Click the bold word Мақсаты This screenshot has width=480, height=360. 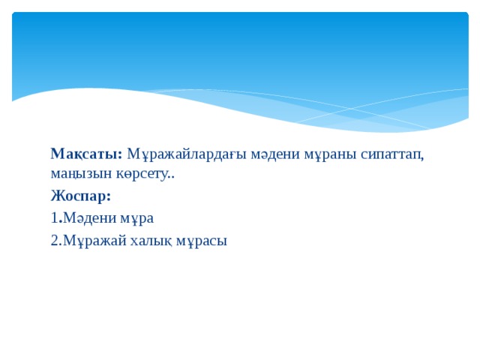click(x=85, y=154)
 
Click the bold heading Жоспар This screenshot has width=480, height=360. click(x=79, y=196)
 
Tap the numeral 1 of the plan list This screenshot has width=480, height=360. click(x=54, y=218)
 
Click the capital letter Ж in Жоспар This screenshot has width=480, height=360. click(x=58, y=196)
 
